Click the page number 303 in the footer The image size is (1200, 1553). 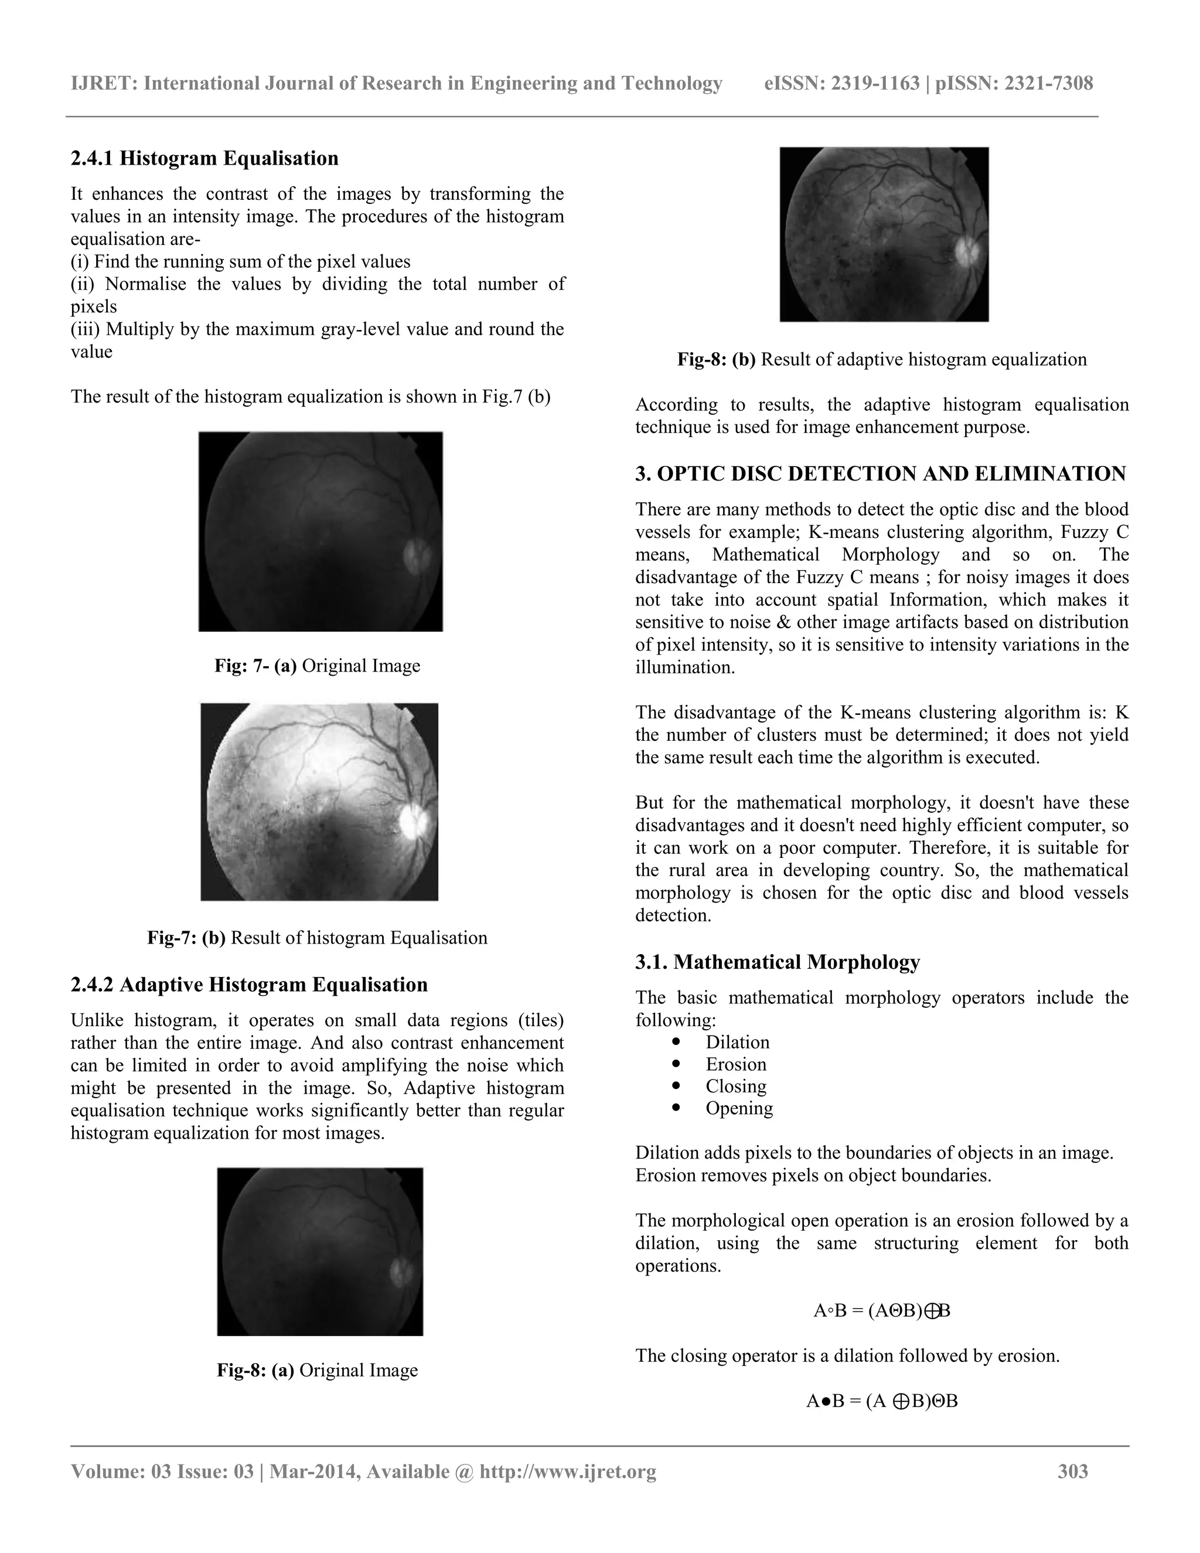[x=1073, y=1471]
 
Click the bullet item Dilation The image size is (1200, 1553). [x=737, y=1042]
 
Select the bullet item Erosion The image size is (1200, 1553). [x=736, y=1064]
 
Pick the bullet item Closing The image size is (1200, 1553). [x=736, y=1086]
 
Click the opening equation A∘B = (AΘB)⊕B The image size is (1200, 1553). [x=881, y=1310]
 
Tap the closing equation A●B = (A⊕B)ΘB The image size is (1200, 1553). [x=881, y=1401]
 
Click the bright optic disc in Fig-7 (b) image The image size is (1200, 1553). [x=413, y=821]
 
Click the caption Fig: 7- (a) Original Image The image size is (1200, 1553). [x=317, y=666]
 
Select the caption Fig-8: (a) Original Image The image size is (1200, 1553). [x=317, y=1370]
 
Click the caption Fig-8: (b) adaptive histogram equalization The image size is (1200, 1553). [x=881, y=359]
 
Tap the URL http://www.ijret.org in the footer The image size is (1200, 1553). [x=567, y=1471]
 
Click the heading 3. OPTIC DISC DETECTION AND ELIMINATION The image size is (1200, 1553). [x=880, y=474]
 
